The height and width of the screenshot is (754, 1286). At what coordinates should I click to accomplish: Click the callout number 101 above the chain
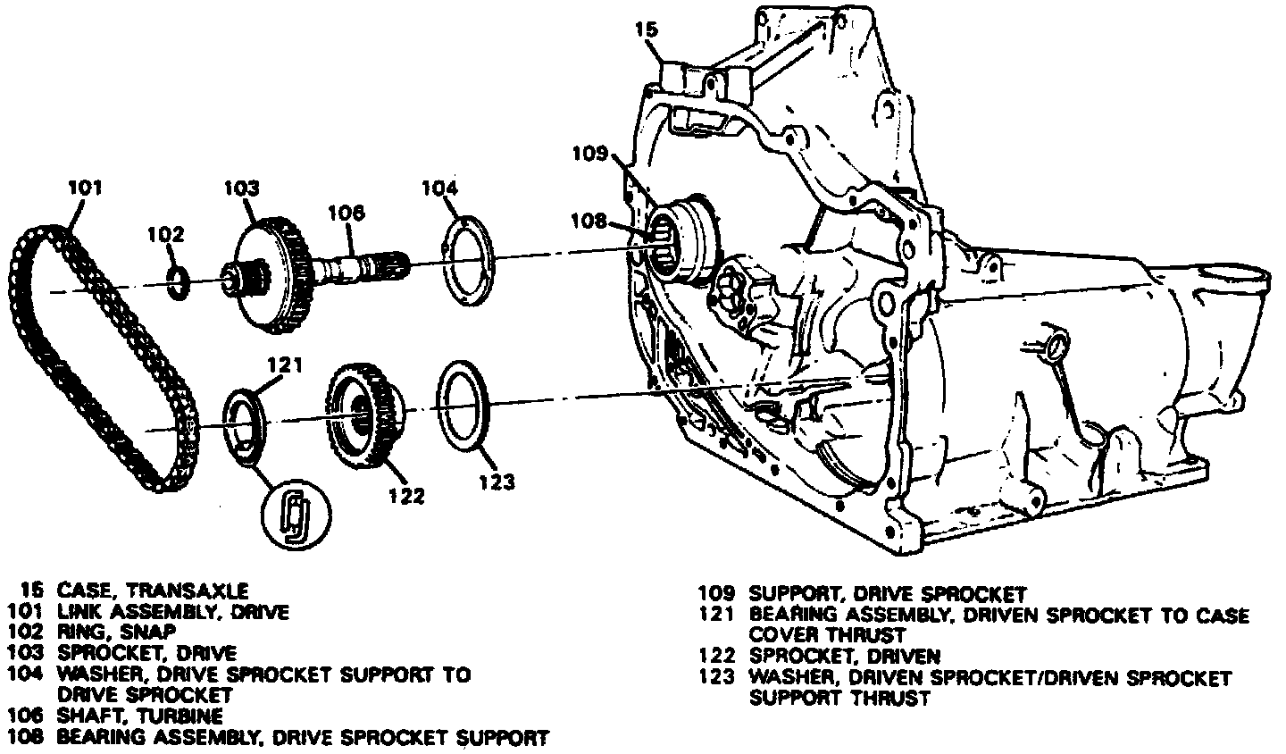[x=86, y=188]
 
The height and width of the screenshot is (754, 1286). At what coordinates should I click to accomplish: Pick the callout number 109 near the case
[x=590, y=152]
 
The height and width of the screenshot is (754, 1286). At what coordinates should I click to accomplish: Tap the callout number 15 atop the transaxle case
[x=647, y=29]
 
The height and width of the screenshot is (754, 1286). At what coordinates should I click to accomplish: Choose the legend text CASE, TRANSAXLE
[x=153, y=591]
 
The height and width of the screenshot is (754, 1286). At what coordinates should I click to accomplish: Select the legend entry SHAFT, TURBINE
[x=139, y=716]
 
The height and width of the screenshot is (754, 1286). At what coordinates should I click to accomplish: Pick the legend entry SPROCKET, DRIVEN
[x=845, y=657]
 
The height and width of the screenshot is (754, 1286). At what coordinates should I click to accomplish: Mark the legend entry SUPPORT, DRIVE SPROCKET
[x=888, y=593]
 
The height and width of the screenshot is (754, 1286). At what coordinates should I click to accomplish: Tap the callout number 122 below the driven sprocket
[x=406, y=497]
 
